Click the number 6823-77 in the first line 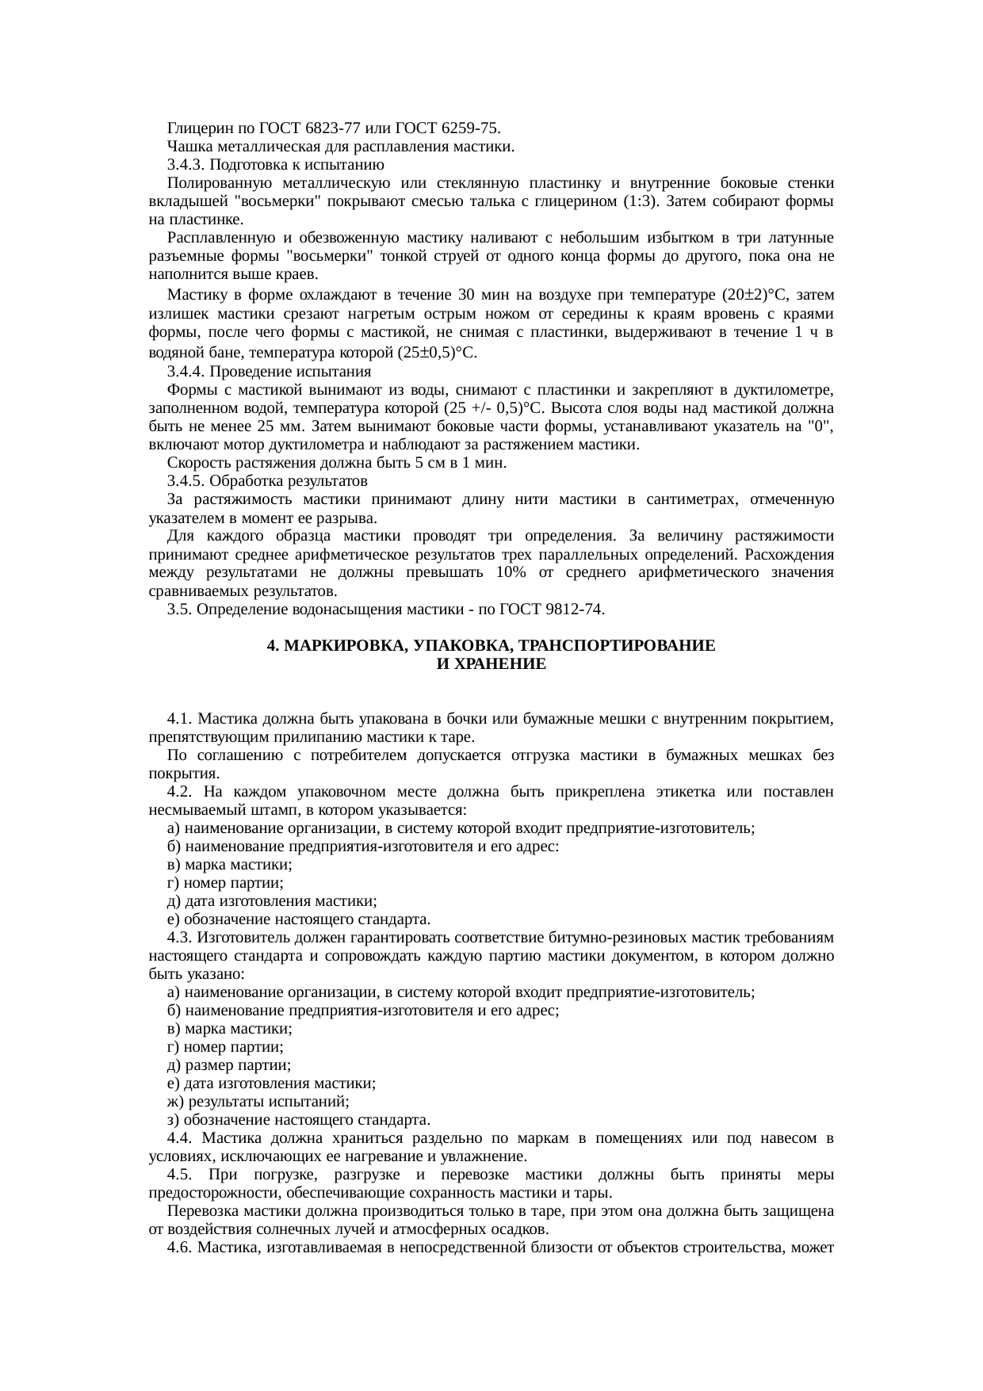[x=309, y=128]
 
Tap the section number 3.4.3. [x=187, y=165]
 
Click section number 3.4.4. [x=187, y=371]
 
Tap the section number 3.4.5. [x=187, y=481]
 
